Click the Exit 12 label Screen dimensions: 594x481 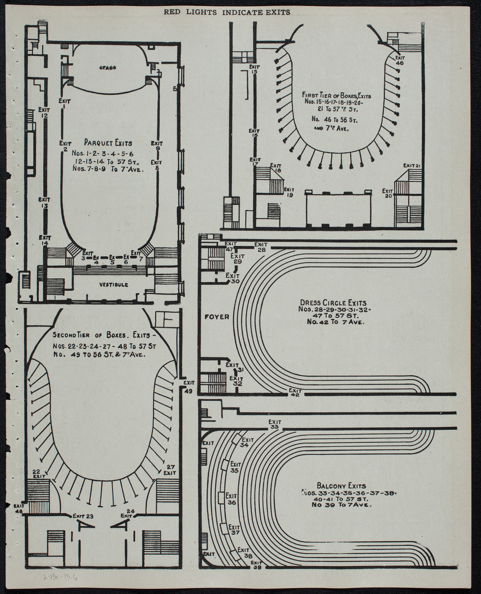pyautogui.click(x=44, y=112)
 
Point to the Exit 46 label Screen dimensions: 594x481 pyautogui.click(x=399, y=60)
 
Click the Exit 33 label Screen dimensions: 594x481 pyautogui.click(x=274, y=425)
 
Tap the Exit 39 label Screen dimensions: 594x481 pyautogui.click(x=257, y=565)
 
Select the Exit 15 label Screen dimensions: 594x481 pyautogui.click(x=254, y=70)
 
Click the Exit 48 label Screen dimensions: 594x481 pyautogui.click(x=19, y=508)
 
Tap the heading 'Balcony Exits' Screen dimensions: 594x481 pyautogui.click(x=341, y=485)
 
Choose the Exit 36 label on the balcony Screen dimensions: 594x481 pyautogui.click(x=231, y=499)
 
